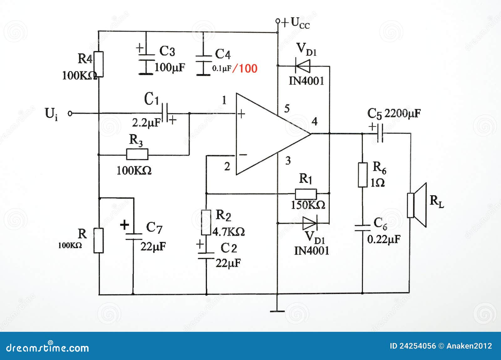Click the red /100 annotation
(x=245, y=68)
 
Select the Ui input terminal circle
(x=70, y=113)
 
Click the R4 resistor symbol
(x=99, y=64)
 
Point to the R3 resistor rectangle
(x=137, y=154)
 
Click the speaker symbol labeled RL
(x=417, y=205)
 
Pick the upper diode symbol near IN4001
(x=302, y=66)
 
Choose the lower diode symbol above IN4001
(x=310, y=223)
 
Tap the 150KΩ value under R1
(x=308, y=205)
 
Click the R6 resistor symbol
(x=363, y=175)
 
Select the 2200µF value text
(x=402, y=113)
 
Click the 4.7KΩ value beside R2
(x=229, y=232)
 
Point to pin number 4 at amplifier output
(x=314, y=121)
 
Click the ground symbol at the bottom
(x=277, y=311)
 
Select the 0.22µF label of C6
(x=384, y=239)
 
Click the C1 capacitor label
(x=152, y=100)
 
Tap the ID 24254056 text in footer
(x=412, y=346)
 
